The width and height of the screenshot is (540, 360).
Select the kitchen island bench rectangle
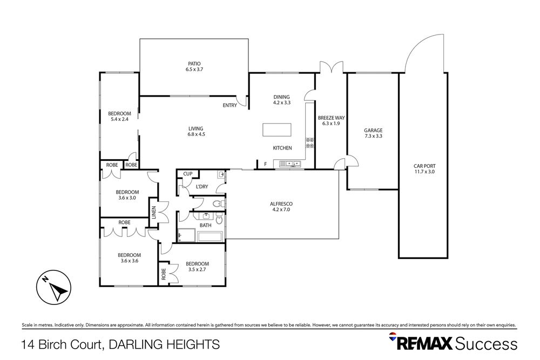point(276,131)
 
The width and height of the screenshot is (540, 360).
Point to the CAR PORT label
point(423,166)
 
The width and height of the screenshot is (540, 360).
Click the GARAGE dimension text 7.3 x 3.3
point(373,137)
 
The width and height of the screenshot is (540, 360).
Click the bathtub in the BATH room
point(210,236)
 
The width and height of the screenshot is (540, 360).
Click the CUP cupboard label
point(188,174)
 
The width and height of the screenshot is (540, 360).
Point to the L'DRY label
point(202,187)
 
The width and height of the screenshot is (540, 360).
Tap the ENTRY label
point(230,105)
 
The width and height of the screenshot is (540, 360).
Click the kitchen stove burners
point(310,143)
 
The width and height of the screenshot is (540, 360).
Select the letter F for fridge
point(265,164)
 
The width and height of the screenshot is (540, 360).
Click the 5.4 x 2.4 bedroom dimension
point(119,119)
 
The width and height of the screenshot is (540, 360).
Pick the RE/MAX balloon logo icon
point(393,338)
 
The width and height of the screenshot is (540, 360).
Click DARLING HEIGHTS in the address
point(166,344)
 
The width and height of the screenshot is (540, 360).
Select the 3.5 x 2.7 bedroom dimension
point(198,270)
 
